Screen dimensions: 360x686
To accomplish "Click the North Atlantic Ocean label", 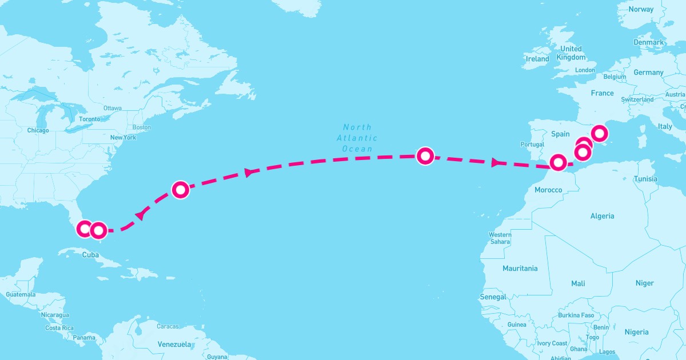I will [357, 138].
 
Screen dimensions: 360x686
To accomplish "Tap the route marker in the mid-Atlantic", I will [425, 155].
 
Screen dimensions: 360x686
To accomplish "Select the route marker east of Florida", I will [181, 190].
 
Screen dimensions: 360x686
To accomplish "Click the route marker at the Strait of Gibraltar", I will [558, 163].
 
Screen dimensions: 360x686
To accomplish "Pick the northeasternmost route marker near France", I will [599, 134].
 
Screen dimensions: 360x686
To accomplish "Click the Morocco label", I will [547, 190].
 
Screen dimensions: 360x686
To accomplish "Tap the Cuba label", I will [91, 255].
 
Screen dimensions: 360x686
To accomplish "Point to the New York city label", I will [123, 138].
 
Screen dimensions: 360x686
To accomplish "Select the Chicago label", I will [38, 131].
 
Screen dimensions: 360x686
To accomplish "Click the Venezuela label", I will [174, 345].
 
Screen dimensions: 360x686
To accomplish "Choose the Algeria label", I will [602, 216].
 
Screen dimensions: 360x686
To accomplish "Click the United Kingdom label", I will [571, 53].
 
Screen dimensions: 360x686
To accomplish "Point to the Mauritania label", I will [520, 268].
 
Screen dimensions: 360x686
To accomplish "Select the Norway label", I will [640, 9].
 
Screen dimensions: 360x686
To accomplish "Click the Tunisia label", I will [645, 179].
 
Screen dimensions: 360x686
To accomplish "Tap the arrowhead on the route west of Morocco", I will [495, 163].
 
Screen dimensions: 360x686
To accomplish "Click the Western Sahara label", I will [500, 238].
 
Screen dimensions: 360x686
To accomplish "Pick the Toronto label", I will [89, 119].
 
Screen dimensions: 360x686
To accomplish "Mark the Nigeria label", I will [636, 332].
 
